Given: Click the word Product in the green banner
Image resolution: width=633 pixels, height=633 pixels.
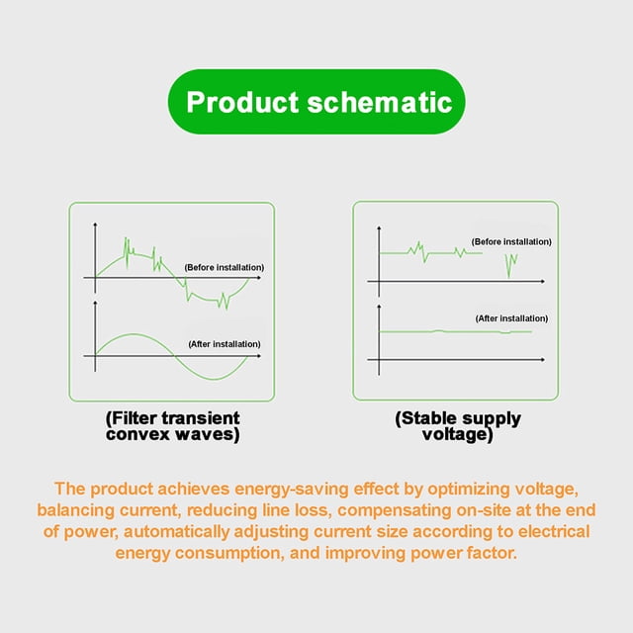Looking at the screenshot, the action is point(242,102).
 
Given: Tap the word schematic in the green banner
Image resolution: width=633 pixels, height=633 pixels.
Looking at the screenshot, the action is point(380,102).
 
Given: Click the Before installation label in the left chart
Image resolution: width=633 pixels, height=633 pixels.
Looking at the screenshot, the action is point(225,268).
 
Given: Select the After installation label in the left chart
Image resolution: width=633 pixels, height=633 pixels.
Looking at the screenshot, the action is point(225,344).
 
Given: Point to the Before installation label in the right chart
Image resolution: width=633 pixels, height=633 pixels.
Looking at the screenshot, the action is point(511,241).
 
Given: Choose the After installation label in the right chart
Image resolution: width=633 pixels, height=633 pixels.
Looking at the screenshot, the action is point(512,318).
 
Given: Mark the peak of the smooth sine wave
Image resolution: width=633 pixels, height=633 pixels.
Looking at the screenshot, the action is point(134,334).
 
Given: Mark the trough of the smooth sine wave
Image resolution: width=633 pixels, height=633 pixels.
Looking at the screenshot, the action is point(213,379).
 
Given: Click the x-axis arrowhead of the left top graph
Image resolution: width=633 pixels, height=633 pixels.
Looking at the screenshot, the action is point(259,278).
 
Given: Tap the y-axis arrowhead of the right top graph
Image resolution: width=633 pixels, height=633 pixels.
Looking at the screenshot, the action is point(379,228).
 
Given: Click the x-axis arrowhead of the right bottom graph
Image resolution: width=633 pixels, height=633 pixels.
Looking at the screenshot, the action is point(543,359).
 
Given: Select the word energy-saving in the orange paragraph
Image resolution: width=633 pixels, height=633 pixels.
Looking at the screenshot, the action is point(292,490).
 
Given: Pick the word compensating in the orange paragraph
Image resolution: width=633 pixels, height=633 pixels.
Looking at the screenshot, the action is point(394,510).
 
